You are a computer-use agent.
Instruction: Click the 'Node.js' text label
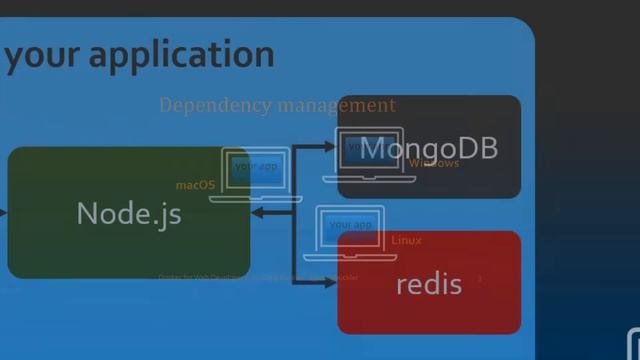129,214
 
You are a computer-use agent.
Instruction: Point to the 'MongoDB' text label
428,149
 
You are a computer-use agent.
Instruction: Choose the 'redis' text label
429,284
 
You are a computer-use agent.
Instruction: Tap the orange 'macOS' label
195,185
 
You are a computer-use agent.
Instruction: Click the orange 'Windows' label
434,163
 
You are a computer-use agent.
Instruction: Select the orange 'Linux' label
406,241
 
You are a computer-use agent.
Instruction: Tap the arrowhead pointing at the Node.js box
257,213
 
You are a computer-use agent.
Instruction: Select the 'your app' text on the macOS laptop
255,166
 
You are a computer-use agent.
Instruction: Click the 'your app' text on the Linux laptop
350,225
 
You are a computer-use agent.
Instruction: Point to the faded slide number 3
479,278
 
